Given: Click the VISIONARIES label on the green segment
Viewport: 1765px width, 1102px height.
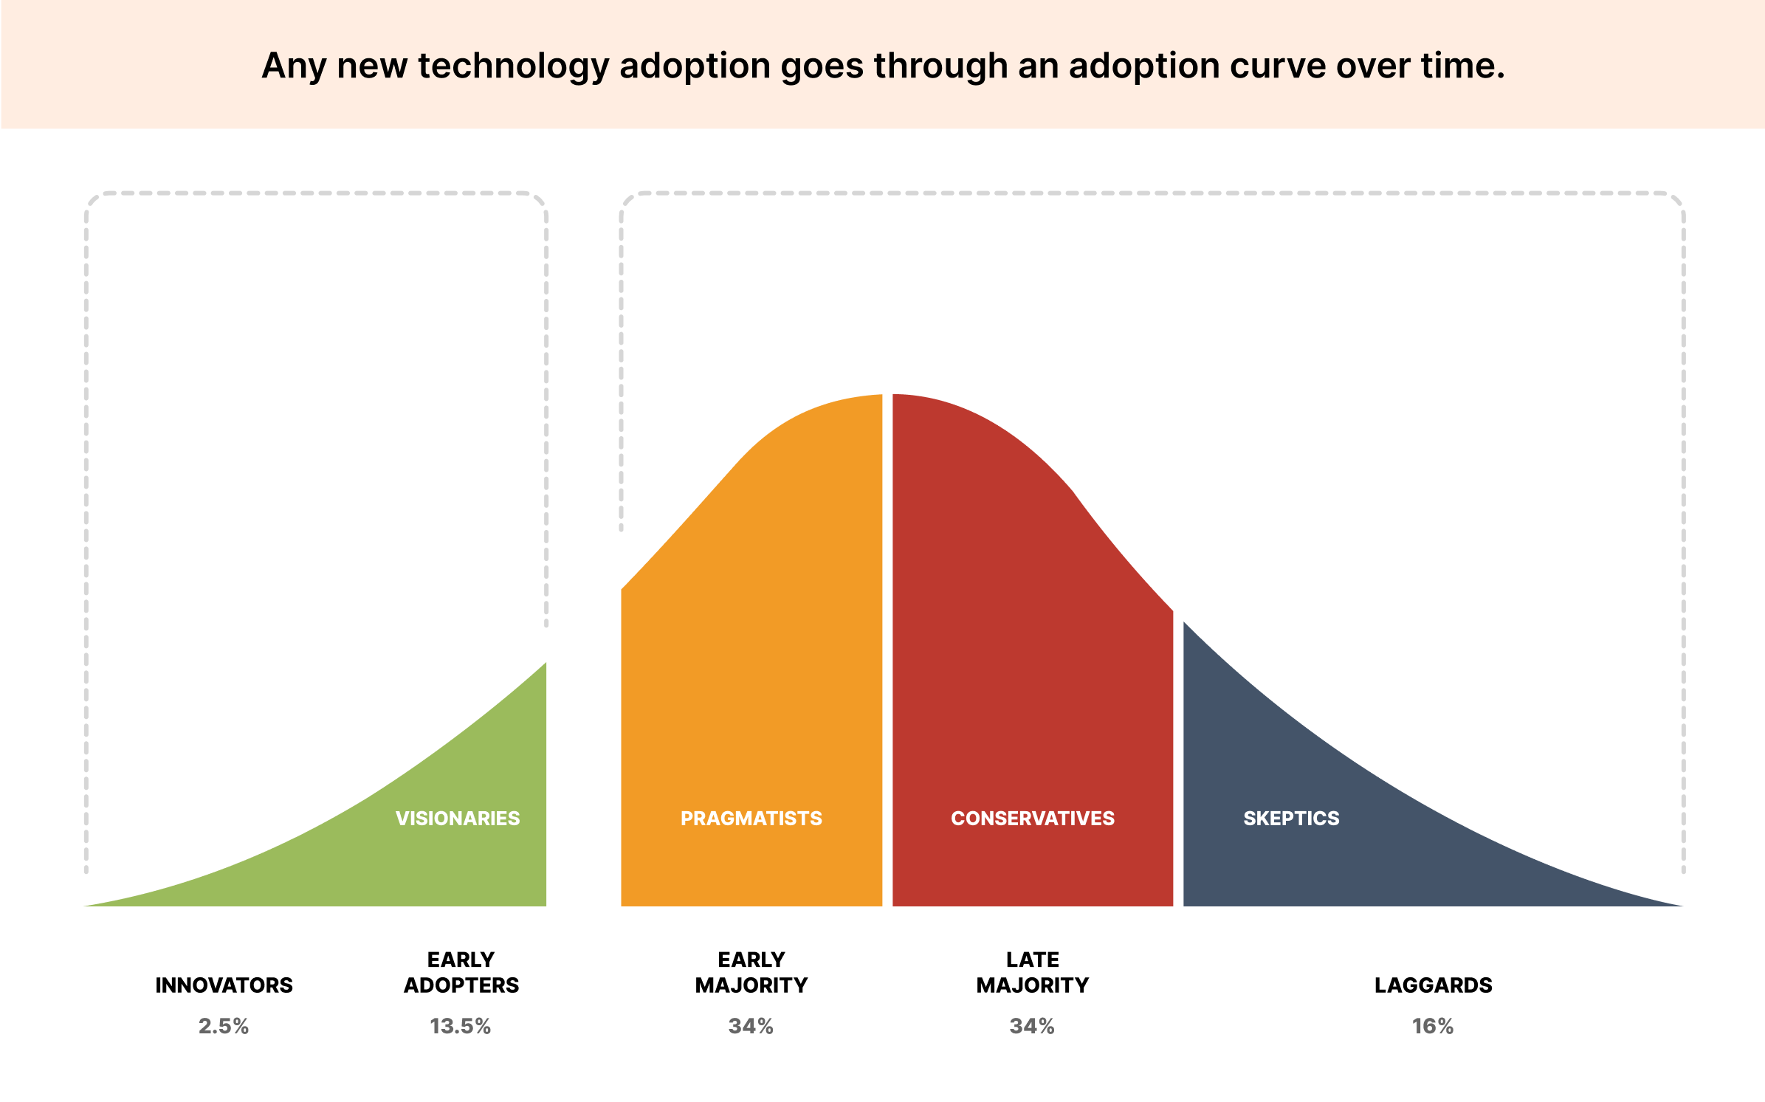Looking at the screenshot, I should click(458, 818).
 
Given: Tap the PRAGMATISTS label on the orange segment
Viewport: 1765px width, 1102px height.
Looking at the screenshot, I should click(751, 818).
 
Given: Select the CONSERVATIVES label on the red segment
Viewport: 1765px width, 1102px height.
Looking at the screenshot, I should click(1032, 818).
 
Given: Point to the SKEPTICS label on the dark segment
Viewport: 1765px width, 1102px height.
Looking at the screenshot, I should click(1291, 818).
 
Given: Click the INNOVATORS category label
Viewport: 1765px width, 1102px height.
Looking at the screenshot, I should click(224, 985).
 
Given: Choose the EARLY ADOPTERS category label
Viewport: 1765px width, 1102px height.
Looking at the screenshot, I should click(461, 972).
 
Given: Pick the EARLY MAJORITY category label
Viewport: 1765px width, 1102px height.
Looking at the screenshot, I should click(751, 972).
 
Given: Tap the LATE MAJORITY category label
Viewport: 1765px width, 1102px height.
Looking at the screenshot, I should click(1032, 972).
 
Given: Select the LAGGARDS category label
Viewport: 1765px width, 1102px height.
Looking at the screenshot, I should click(1433, 985).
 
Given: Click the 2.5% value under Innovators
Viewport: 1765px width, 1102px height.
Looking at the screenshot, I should click(224, 1026).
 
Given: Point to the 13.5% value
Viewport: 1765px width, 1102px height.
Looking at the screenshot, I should click(460, 1026).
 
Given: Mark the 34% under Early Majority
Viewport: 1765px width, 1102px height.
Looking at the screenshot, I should click(751, 1026).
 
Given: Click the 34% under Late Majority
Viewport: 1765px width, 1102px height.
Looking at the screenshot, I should click(1032, 1026).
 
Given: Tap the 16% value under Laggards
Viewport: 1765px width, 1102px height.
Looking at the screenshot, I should click(1433, 1026).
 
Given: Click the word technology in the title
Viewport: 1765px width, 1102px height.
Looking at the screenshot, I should click(513, 66).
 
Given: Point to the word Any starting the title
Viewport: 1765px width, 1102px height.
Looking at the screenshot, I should click(294, 66).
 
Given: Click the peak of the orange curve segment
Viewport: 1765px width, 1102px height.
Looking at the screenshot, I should click(875, 399).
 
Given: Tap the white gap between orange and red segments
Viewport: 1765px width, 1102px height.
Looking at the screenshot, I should click(887, 664).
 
